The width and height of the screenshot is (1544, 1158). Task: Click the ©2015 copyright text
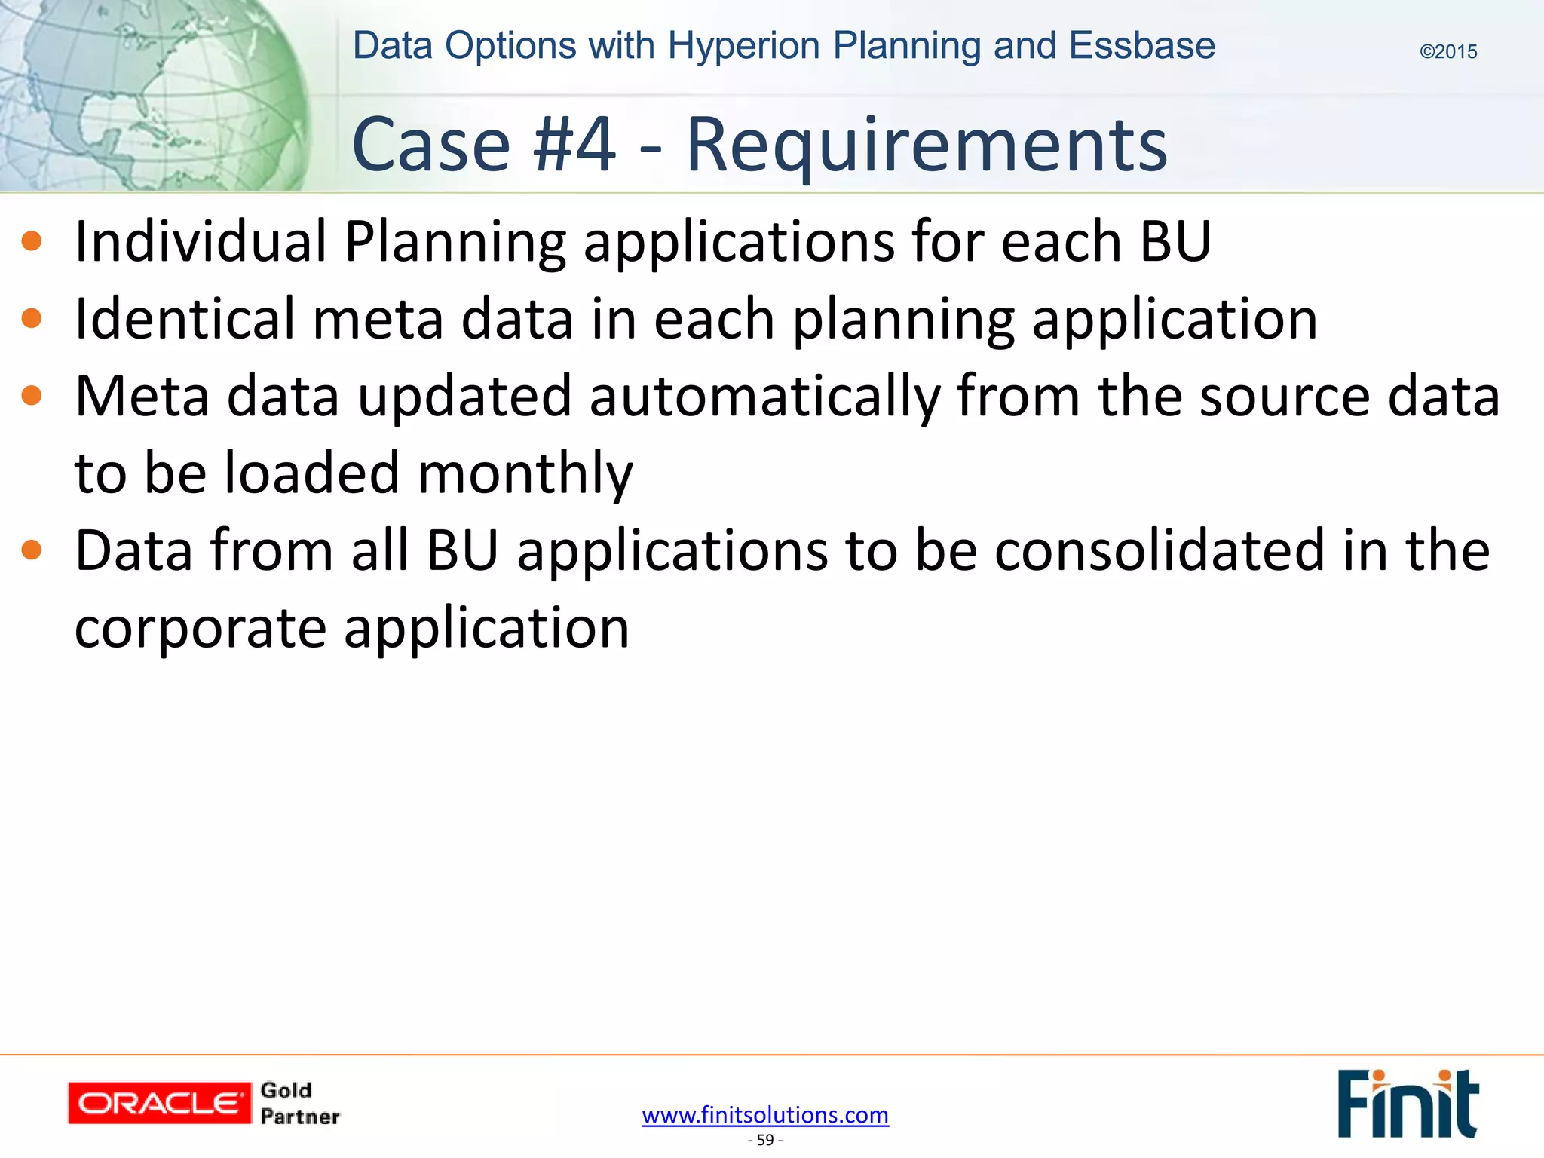(x=1448, y=52)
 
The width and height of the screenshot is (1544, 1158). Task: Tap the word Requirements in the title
(x=927, y=145)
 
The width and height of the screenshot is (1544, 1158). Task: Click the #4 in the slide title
(x=574, y=145)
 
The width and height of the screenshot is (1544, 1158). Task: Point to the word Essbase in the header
(x=1142, y=46)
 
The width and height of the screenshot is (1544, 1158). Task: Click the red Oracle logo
(x=160, y=1103)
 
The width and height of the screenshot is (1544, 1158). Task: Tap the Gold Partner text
(x=299, y=1104)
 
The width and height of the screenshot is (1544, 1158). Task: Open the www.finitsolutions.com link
(x=765, y=1114)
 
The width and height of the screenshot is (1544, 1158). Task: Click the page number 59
(x=765, y=1140)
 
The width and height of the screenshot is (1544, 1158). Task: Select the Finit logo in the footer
(x=1408, y=1103)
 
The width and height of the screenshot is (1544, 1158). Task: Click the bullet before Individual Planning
(x=32, y=241)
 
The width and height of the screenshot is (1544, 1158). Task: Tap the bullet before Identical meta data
(x=32, y=319)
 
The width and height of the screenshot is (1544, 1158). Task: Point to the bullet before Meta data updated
(x=32, y=396)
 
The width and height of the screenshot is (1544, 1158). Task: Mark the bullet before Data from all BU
(x=32, y=550)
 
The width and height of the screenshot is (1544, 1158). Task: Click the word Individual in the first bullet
(x=201, y=241)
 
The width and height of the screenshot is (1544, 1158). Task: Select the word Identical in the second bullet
(x=185, y=319)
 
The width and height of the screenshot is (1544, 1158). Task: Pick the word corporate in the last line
(x=201, y=628)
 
